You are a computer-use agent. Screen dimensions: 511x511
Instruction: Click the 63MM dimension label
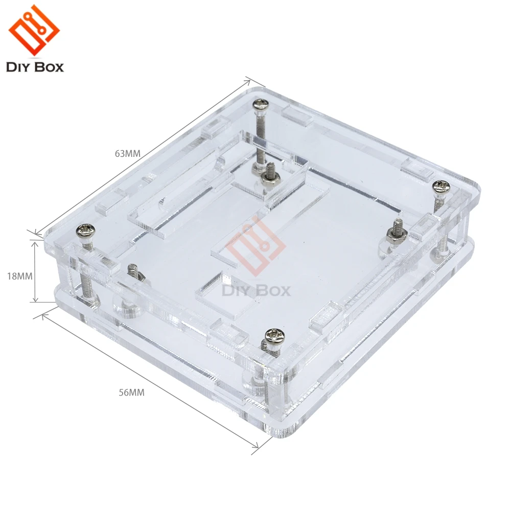click(127, 153)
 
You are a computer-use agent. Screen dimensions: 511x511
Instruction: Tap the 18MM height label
click(20, 276)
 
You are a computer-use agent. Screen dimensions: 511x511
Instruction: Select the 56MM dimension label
click(131, 392)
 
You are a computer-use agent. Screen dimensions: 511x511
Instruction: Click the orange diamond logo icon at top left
click(34, 30)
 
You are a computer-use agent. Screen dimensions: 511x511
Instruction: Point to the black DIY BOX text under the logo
click(35, 67)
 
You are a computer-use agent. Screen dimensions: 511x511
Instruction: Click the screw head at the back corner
click(261, 105)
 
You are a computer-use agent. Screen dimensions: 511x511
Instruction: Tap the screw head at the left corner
click(85, 231)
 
